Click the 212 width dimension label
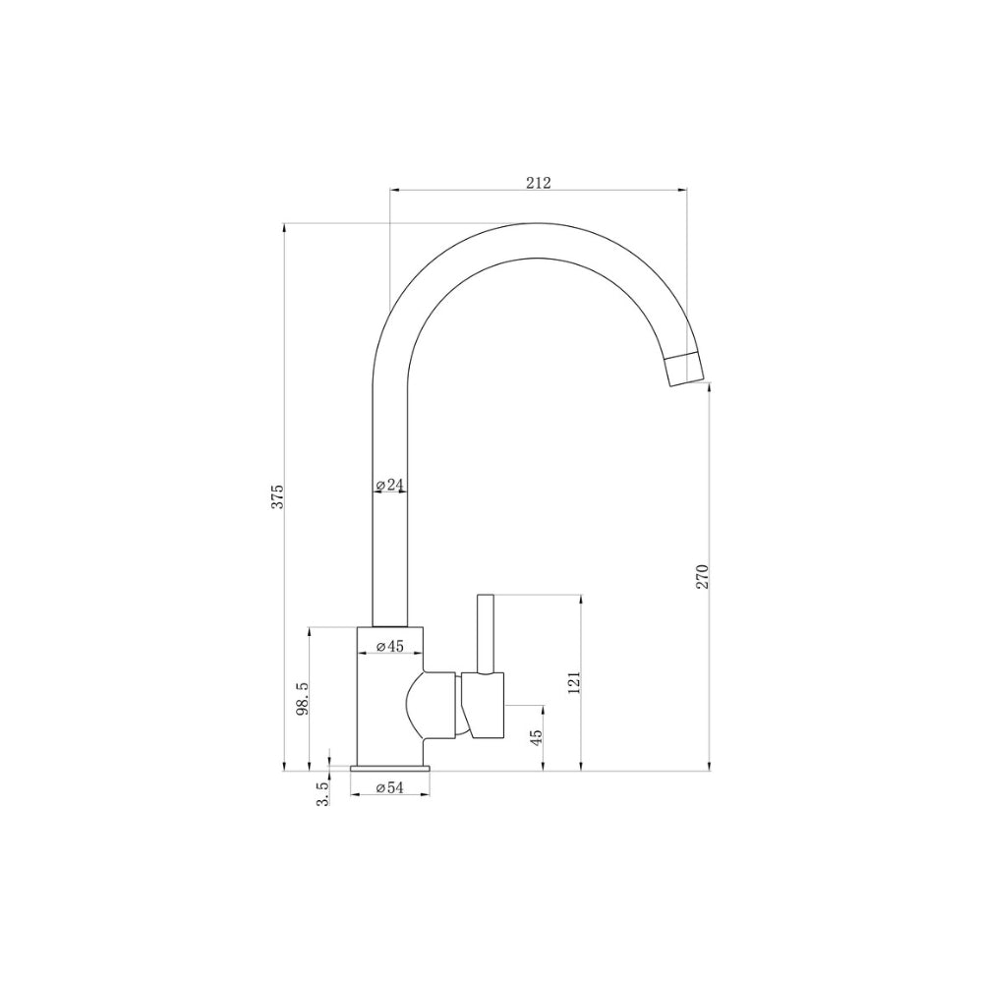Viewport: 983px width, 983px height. tap(538, 183)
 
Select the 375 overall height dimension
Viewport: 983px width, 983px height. tap(278, 496)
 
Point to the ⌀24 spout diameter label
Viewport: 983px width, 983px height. tap(389, 485)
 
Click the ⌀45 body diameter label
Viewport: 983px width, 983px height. tap(389, 647)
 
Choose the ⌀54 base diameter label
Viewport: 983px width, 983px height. tap(389, 788)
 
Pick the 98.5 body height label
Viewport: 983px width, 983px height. tap(303, 699)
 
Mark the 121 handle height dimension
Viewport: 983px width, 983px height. tap(574, 683)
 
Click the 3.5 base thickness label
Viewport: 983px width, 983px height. tap(322, 793)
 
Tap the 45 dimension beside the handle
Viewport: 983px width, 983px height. tap(536, 736)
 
